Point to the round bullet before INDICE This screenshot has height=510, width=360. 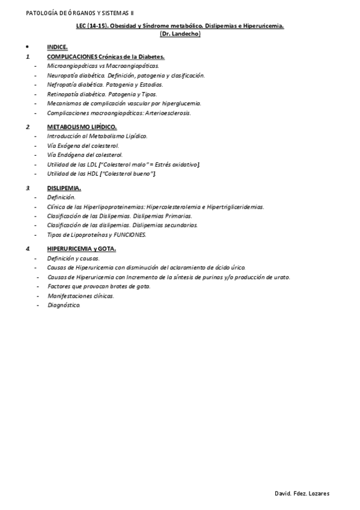pyautogui.click(x=27, y=46)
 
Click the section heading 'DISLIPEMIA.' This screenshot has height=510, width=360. pyautogui.click(x=64, y=188)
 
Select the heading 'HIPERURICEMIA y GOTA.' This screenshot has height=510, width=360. pyautogui.click(x=82, y=248)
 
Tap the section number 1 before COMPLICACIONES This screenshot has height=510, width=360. pyautogui.click(x=27, y=57)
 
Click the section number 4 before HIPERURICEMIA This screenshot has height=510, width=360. pyautogui.click(x=27, y=248)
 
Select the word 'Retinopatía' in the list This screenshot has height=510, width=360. pyautogui.click(x=61, y=94)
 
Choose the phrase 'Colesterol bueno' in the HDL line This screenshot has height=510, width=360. pyautogui.click(x=130, y=173)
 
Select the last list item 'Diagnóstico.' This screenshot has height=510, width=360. pyautogui.click(x=63, y=305)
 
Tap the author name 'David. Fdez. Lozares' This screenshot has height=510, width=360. pyautogui.click(x=301, y=494)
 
